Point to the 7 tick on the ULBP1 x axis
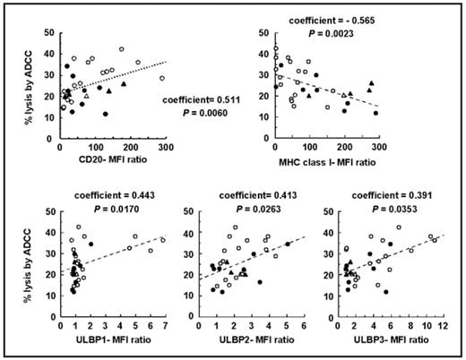click(164, 326)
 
